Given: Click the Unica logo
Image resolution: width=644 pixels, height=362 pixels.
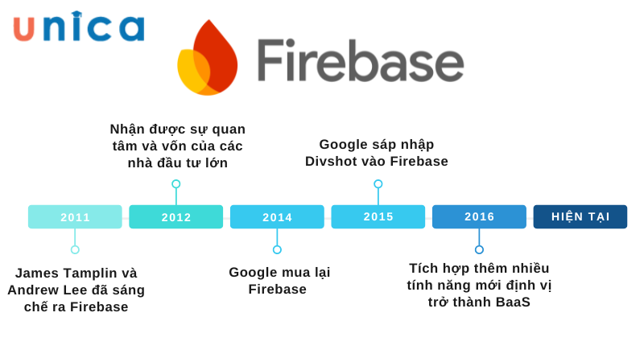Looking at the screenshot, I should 79,27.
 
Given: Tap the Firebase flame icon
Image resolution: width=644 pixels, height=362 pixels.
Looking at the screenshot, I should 207,59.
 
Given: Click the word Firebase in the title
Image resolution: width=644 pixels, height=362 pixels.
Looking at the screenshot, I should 360,61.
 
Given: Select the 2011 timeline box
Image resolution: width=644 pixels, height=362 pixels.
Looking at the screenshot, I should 75,216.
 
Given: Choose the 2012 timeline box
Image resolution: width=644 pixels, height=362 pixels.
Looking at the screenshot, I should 175,216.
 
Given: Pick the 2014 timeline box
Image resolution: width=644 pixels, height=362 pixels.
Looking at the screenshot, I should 277,216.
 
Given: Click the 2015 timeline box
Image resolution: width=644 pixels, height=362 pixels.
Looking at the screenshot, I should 378,216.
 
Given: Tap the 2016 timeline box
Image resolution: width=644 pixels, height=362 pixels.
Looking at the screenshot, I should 479,216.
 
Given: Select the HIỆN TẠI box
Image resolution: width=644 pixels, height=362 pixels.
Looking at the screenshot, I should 580,216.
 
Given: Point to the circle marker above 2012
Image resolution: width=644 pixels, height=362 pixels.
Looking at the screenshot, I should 175,184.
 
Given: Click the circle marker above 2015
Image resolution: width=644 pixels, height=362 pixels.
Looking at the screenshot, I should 378,184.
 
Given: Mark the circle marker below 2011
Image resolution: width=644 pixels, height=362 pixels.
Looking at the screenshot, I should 75,249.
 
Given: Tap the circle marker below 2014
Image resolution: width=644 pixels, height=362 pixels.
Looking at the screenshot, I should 277,249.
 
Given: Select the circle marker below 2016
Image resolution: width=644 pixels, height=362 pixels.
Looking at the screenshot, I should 479,249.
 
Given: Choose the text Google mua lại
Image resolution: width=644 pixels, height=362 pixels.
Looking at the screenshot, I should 279,272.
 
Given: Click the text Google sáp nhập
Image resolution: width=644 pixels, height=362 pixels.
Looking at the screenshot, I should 376,144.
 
